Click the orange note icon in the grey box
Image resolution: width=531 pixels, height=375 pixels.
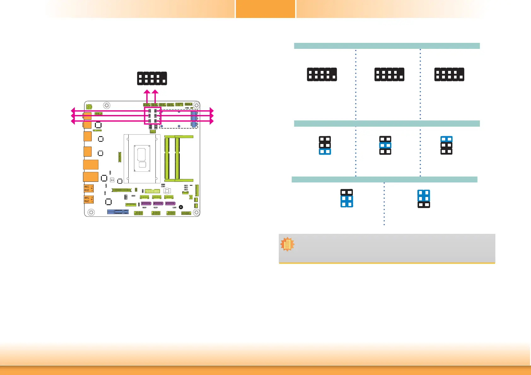click(287, 244)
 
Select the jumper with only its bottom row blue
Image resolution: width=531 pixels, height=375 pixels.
click(325, 145)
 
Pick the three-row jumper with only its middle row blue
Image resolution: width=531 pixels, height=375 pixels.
click(385, 145)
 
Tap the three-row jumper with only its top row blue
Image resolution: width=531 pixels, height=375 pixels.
click(446, 145)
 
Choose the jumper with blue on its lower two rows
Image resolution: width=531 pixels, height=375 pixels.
click(347, 198)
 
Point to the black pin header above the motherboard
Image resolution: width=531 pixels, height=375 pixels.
click(152, 78)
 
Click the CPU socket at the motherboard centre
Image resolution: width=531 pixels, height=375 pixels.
click(142, 159)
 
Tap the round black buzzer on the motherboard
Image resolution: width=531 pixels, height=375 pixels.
click(181, 207)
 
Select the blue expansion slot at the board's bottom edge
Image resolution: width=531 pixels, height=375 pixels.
click(118, 212)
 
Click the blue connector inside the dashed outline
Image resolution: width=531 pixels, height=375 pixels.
click(194, 119)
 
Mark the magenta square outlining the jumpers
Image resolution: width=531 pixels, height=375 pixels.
click(153, 116)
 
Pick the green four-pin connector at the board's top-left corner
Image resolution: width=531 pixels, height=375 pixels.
click(89, 107)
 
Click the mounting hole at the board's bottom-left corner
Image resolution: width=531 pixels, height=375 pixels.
click(91, 212)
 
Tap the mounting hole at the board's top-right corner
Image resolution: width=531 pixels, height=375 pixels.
click(196, 105)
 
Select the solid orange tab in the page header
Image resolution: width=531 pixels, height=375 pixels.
click(265, 9)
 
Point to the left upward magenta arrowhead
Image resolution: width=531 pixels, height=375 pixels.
click(147, 92)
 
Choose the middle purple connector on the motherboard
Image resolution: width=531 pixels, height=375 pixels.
click(158, 204)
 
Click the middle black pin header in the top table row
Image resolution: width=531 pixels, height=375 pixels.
click(389, 74)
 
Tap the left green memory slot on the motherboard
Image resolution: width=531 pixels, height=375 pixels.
click(167, 159)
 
